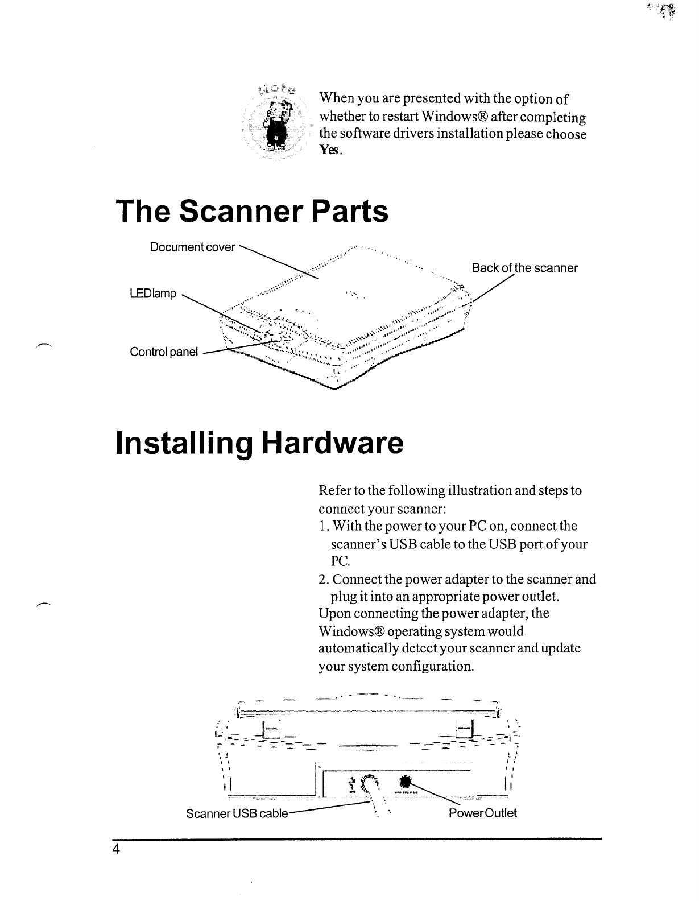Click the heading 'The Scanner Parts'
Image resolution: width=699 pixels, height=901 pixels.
click(252, 212)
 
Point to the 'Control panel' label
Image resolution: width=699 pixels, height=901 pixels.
click(164, 352)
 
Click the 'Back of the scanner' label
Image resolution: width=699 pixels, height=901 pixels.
click(524, 268)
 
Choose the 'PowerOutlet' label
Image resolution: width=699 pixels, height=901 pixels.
click(483, 813)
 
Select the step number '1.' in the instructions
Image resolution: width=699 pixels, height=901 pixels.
click(324, 526)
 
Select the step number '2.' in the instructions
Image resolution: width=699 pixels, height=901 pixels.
click(324, 580)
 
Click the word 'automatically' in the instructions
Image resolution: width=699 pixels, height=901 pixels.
click(357, 648)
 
